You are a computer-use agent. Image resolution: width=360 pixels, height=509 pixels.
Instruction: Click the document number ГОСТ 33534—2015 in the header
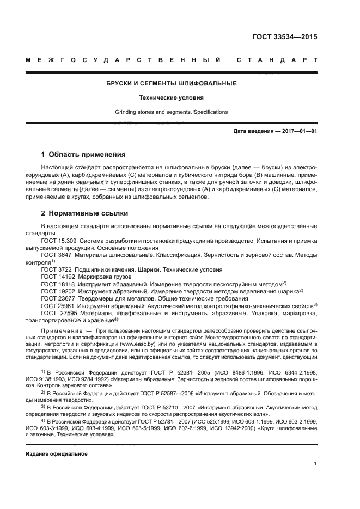coord(285,38)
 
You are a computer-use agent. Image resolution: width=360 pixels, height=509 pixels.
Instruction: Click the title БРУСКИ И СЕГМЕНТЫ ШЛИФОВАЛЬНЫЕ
coord(171,83)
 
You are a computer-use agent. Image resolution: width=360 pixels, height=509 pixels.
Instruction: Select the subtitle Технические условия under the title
coord(171,98)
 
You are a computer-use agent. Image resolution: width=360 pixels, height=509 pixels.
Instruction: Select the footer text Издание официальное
coord(57,453)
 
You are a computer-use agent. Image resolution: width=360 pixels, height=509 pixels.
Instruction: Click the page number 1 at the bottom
coord(315,464)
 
